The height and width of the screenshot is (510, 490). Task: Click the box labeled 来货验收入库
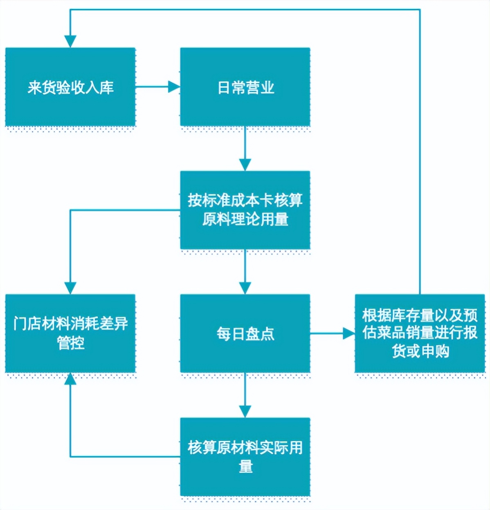tap(70, 87)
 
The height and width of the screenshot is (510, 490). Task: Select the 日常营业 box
tap(245, 87)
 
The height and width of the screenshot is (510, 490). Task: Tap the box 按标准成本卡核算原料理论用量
tap(245, 210)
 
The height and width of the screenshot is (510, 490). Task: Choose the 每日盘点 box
tap(245, 333)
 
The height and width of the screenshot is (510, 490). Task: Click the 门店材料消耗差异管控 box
tap(70, 333)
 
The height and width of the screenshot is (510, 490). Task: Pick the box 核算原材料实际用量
tap(245, 456)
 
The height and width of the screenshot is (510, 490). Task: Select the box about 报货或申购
tap(420, 333)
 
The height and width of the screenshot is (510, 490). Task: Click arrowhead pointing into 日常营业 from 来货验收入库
tap(174, 87)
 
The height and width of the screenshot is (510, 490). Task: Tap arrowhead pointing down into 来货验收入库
tap(70, 41)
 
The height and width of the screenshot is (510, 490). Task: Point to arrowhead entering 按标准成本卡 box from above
tap(245, 165)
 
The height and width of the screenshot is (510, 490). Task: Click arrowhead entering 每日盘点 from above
tap(245, 288)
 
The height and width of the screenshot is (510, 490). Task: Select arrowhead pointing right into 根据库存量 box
tap(348, 333)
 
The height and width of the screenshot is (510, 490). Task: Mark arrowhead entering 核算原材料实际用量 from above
tap(245, 412)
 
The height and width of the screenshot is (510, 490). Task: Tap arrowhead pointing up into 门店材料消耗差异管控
tap(70, 379)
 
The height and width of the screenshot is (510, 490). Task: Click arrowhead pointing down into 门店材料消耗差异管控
tap(70, 288)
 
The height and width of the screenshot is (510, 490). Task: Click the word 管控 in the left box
tap(70, 343)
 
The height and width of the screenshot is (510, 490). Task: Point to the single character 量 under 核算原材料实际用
tap(245, 466)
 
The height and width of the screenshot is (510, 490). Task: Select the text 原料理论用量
tap(245, 219)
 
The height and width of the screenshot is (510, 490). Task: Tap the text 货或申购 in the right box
tap(420, 351)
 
